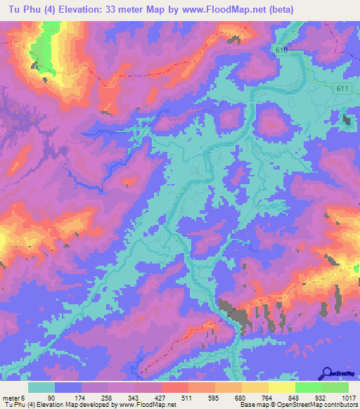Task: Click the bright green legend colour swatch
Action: [309, 387]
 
